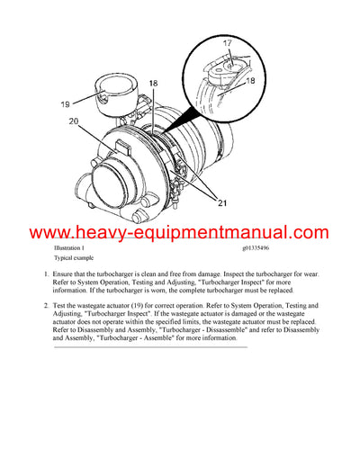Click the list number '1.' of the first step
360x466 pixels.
pyautogui.click(x=46, y=272)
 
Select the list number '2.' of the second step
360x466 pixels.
pyautogui.click(x=46, y=307)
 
